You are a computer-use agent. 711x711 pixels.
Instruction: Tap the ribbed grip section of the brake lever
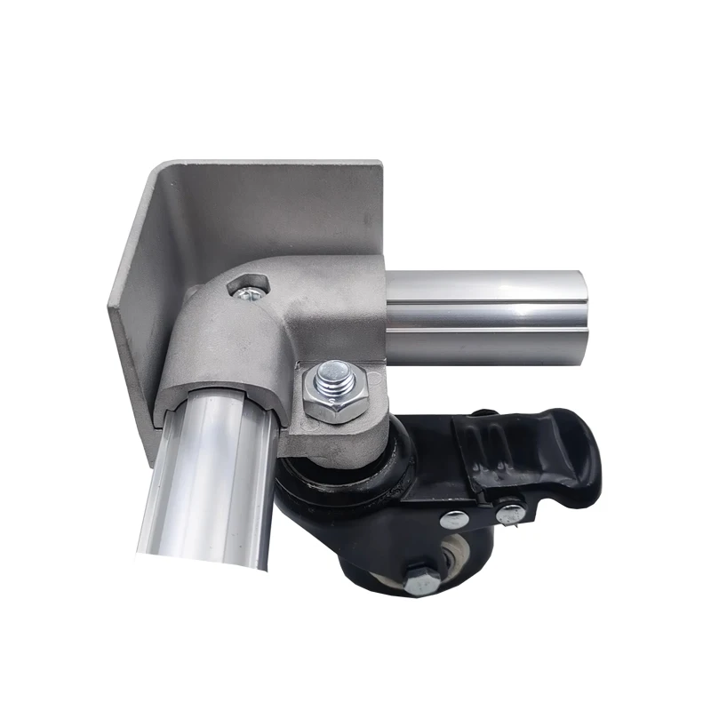click(x=484, y=444)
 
